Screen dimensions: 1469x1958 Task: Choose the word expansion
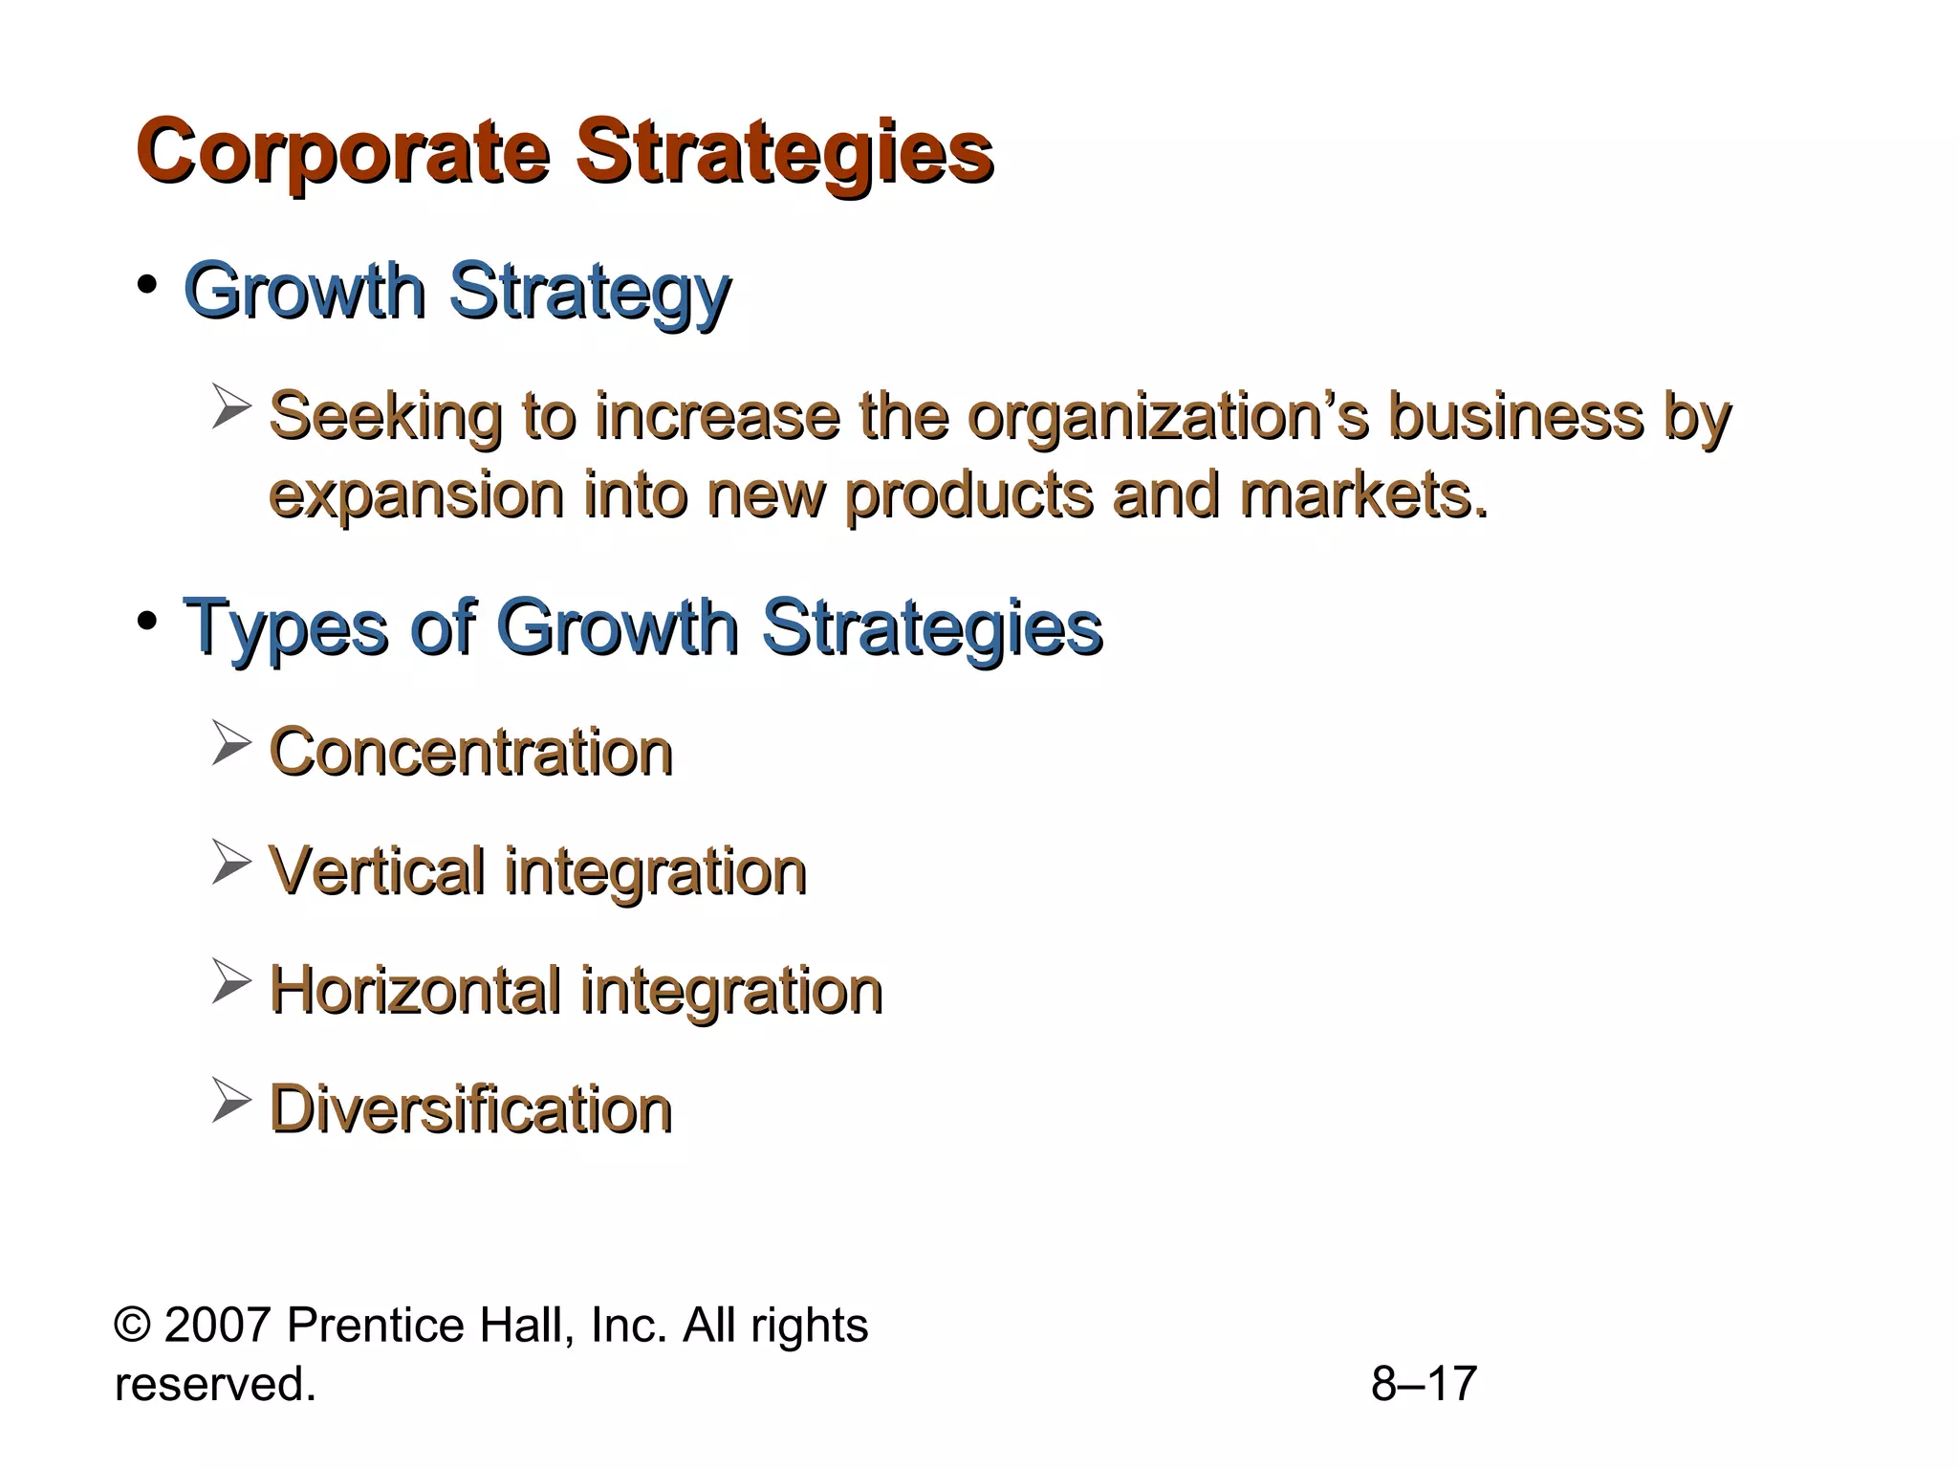coord(416,495)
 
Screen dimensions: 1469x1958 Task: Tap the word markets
coord(1363,495)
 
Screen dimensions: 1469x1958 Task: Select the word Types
coord(285,628)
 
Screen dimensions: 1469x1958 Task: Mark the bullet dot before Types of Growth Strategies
coord(146,623)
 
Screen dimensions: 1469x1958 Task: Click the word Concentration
coord(471,752)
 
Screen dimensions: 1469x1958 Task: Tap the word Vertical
coord(377,871)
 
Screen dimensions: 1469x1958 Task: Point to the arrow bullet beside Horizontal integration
coord(230,981)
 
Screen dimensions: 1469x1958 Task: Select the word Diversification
coord(471,1109)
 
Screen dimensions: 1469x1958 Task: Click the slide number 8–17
coord(1424,1384)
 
